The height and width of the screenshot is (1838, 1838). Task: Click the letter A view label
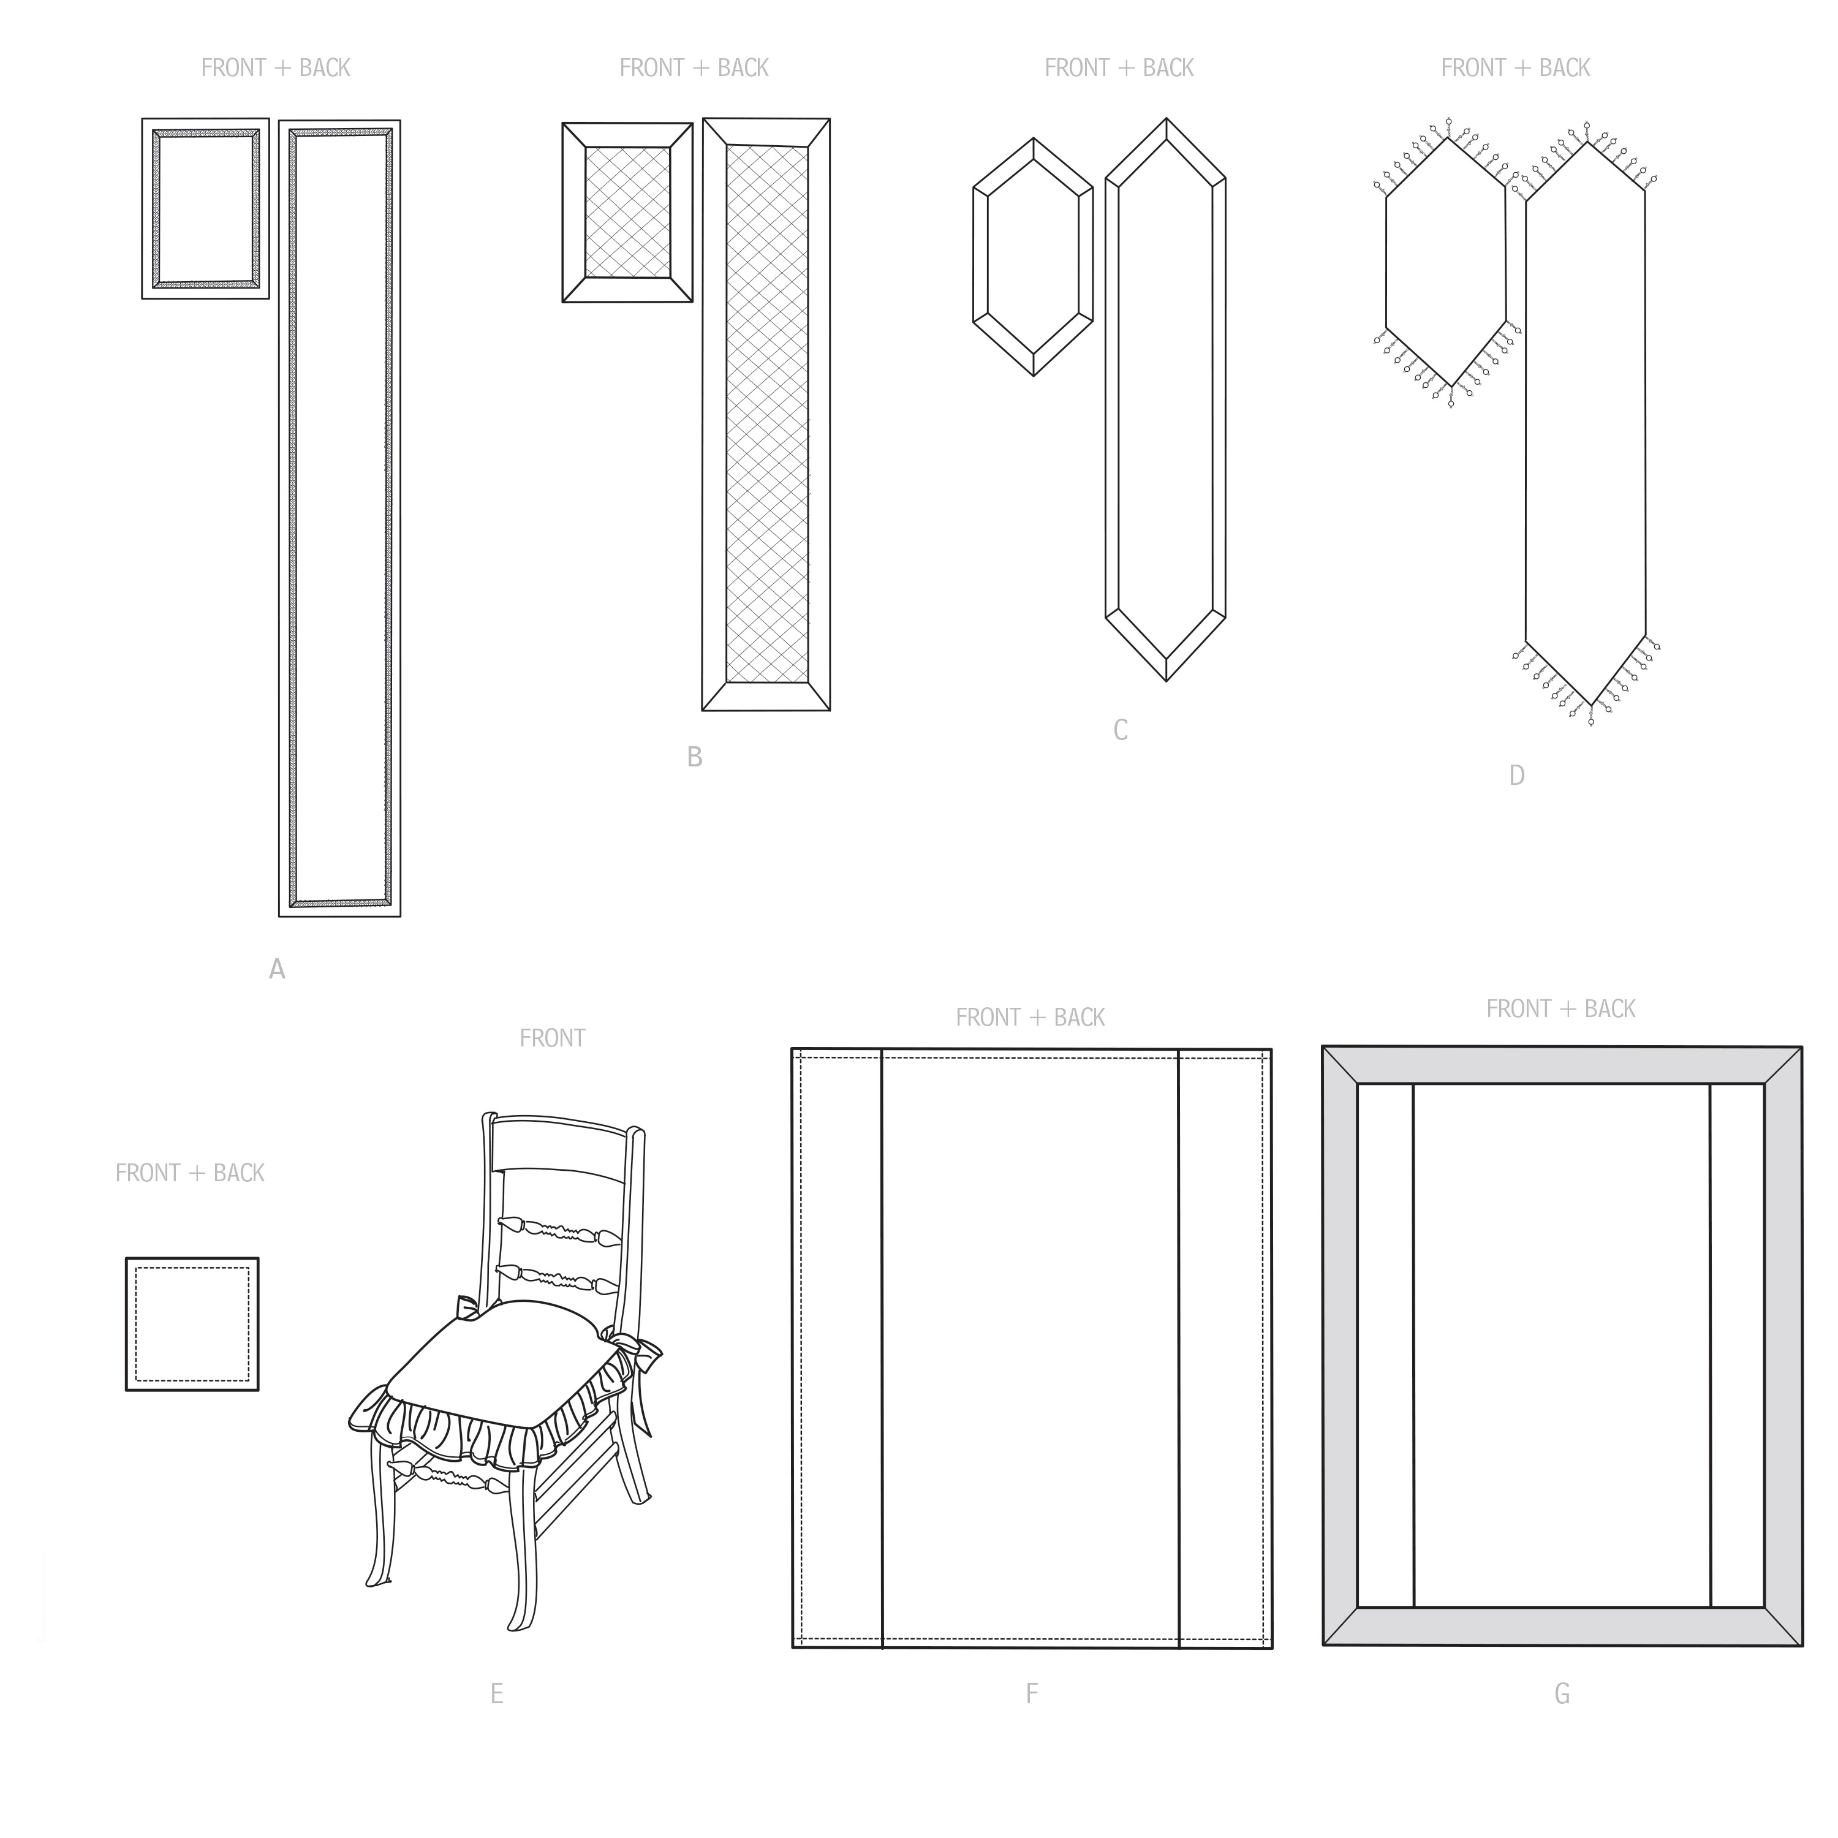[x=277, y=969]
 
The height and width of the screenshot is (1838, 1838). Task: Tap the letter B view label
[x=695, y=757]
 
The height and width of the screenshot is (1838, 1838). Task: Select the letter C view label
[x=1121, y=731]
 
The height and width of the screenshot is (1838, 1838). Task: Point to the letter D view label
[x=1516, y=776]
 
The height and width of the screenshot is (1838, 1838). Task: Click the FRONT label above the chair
[x=552, y=1038]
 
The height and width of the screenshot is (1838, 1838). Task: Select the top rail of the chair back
[x=561, y=1146]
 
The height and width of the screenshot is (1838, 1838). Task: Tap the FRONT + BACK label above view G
[x=1561, y=1008]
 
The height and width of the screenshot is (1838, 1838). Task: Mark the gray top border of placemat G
[x=1562, y=1065]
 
